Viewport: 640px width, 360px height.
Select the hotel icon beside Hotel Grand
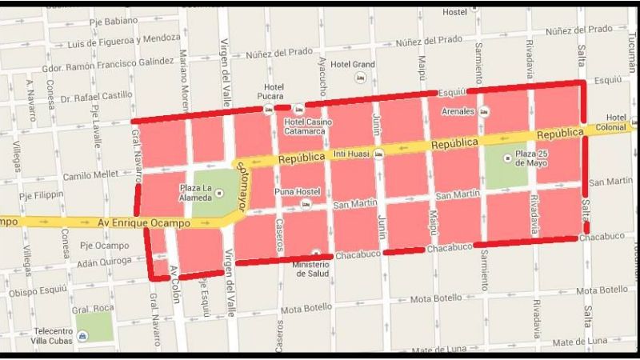click(359, 78)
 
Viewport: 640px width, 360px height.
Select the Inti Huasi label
click(354, 153)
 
